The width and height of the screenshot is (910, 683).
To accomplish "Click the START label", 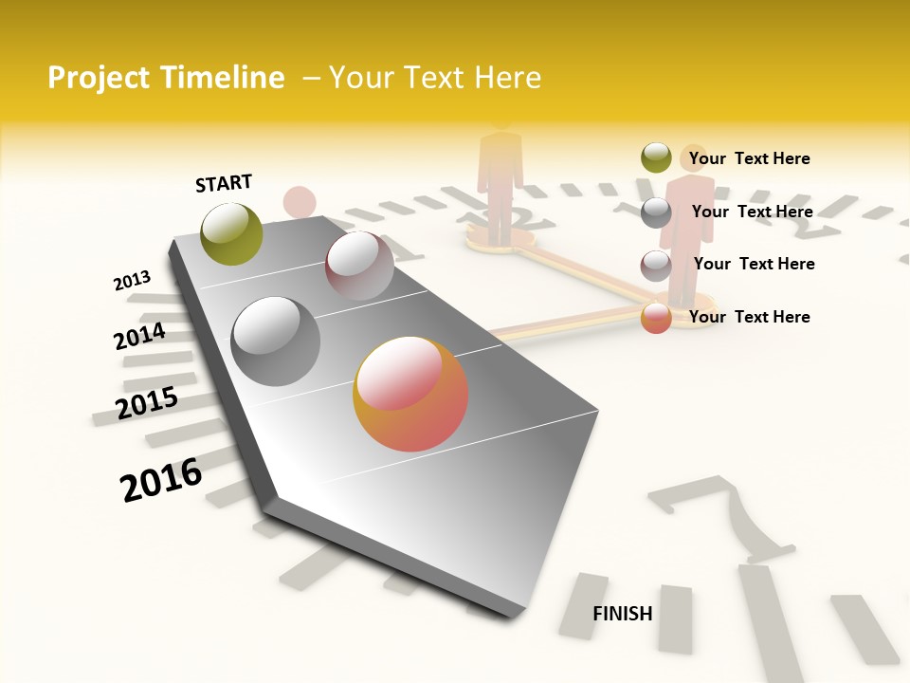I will tap(224, 183).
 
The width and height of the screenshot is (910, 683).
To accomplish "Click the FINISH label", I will tap(623, 614).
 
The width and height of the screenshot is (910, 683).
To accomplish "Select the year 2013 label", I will tap(132, 281).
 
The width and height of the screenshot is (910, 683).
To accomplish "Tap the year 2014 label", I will tap(140, 337).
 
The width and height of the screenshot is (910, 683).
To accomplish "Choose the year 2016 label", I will tap(162, 480).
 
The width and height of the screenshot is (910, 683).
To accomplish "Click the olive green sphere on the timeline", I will tap(231, 233).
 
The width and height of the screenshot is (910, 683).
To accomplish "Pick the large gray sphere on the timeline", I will tap(276, 341).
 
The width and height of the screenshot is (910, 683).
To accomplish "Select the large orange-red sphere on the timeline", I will tap(410, 394).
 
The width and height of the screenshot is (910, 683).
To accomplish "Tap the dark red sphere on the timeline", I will tap(359, 266).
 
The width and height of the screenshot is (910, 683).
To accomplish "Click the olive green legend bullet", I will tap(656, 158).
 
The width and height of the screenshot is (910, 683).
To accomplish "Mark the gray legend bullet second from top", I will tap(656, 212).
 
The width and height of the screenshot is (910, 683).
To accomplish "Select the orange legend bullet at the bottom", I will tap(656, 318).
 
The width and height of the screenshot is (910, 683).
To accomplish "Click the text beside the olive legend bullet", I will tap(749, 158).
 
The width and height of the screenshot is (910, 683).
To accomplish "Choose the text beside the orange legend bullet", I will tap(749, 317).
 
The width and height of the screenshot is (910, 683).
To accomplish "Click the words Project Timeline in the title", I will tap(166, 78).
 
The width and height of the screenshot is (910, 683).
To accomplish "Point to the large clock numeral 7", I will tap(725, 517).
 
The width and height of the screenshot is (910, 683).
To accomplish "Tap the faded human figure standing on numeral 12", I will tap(500, 180).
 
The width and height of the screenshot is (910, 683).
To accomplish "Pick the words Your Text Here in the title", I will tap(434, 78).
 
